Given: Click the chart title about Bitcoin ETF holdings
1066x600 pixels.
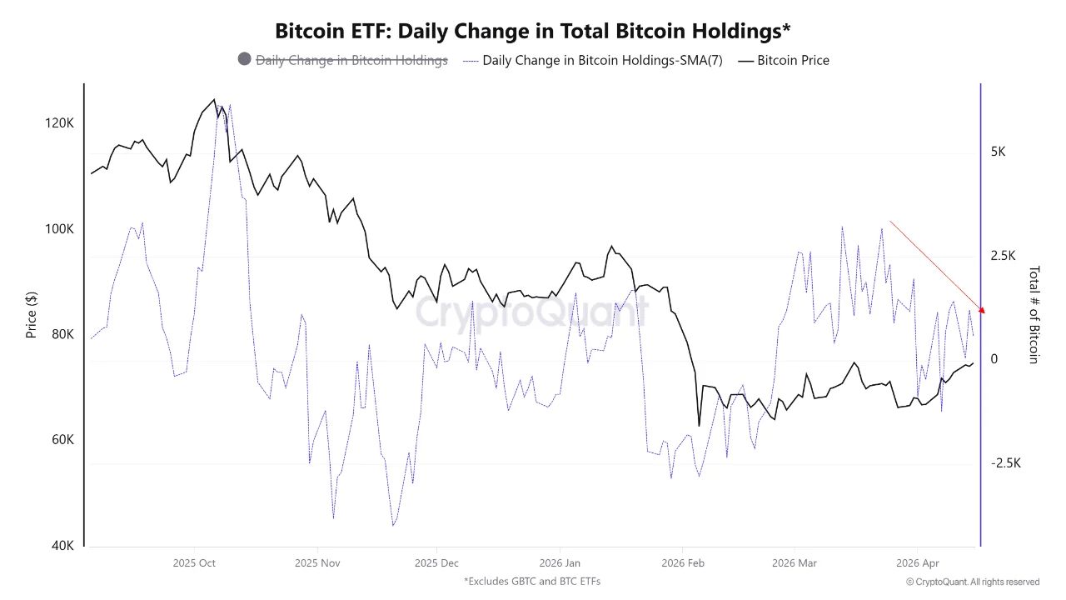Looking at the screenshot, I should (x=532, y=31).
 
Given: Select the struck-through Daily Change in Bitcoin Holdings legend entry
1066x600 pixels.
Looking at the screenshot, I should (x=351, y=60).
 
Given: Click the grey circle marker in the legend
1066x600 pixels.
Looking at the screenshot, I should (x=244, y=59).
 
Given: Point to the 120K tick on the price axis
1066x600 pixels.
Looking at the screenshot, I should (x=59, y=122).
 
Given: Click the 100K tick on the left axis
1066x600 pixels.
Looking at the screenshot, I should (x=59, y=228).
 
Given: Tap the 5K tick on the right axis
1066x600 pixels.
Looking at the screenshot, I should (x=998, y=152).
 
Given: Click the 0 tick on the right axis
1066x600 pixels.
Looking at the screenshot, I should (x=994, y=359).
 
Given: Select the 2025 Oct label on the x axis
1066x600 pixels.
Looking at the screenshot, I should (x=194, y=563).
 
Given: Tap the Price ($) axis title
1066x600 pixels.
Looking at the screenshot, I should (x=32, y=314).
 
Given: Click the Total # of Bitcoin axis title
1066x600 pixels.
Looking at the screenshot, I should (x=1034, y=315).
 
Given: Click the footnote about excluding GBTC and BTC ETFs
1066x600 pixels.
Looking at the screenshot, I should (x=532, y=581).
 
